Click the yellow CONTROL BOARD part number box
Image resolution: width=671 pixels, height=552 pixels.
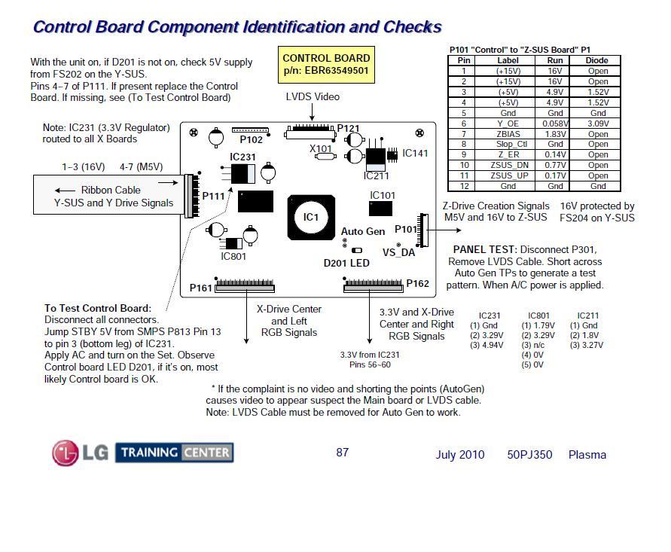326,65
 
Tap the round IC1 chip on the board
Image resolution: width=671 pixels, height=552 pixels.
311,218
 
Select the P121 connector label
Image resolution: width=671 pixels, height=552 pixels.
349,128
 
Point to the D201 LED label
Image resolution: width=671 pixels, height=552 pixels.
346,263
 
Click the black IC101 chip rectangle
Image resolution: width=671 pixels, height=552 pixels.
380,209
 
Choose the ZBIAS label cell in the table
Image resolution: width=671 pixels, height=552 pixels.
508,134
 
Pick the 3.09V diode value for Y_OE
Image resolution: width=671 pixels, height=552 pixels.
598,124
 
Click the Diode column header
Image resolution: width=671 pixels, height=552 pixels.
596,60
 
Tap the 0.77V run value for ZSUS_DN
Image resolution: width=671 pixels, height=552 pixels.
555,165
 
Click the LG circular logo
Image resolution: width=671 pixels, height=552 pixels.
65,453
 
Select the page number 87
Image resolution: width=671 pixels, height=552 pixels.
343,453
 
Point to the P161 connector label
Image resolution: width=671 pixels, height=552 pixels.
201,288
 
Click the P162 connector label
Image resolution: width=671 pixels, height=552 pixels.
418,283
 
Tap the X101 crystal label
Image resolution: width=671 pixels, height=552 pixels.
321,148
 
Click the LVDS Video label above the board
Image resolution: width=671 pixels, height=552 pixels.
313,96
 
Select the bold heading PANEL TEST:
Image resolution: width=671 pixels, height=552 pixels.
485,249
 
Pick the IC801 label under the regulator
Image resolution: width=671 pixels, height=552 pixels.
233,256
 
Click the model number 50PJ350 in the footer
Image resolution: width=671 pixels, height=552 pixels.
529,454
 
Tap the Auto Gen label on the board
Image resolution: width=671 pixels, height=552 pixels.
363,231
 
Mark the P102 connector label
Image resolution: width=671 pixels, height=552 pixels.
252,139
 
